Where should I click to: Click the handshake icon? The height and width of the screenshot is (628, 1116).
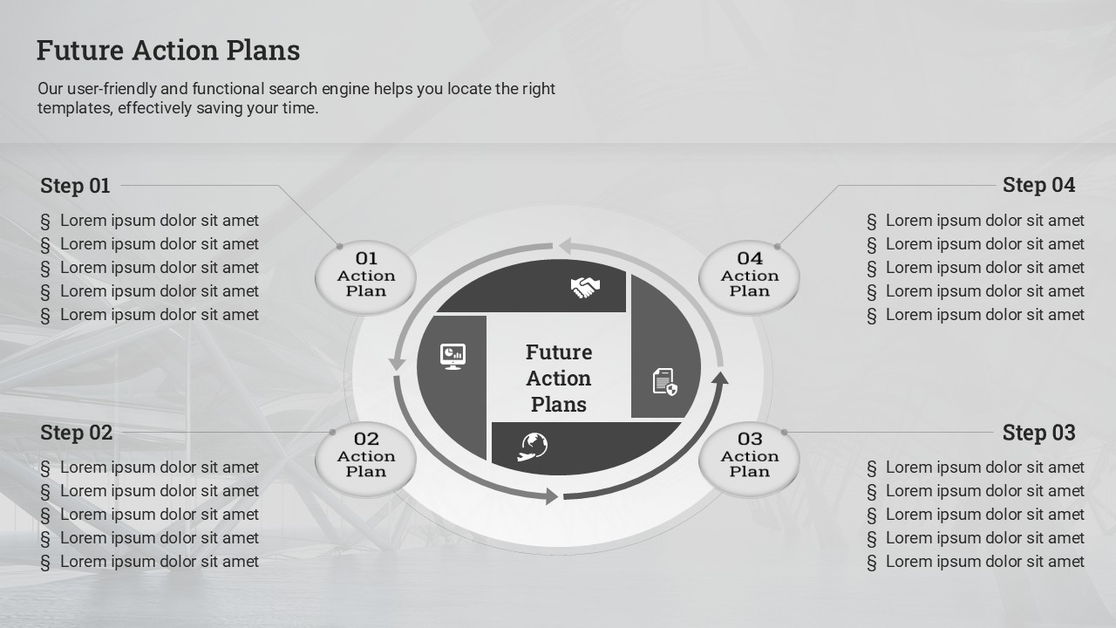585,288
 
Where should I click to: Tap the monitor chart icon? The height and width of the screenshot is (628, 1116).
453,357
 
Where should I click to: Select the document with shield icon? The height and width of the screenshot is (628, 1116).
665,382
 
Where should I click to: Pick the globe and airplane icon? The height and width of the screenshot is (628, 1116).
533,447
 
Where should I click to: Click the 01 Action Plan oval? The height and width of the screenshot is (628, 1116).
365,277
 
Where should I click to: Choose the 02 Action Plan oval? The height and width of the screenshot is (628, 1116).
365,459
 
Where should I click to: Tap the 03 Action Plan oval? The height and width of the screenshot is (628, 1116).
749,459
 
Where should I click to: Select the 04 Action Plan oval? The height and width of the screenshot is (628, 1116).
749,277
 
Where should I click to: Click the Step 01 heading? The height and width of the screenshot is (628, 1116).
75,186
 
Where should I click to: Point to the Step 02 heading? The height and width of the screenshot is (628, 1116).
76,433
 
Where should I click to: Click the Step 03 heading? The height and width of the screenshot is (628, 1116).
1038,433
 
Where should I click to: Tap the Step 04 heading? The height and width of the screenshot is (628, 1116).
1038,185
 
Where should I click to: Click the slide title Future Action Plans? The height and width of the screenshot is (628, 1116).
168,51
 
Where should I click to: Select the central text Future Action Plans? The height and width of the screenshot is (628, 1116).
559,379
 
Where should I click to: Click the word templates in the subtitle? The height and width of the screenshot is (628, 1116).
75,108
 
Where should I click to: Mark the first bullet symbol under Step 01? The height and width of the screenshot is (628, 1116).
45,222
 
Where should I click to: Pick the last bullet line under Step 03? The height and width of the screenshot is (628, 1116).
976,562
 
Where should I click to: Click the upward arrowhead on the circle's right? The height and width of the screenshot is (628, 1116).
719,378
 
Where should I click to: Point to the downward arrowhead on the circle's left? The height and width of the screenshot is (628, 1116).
397,365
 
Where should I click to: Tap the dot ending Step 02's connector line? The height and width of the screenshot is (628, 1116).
333,432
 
